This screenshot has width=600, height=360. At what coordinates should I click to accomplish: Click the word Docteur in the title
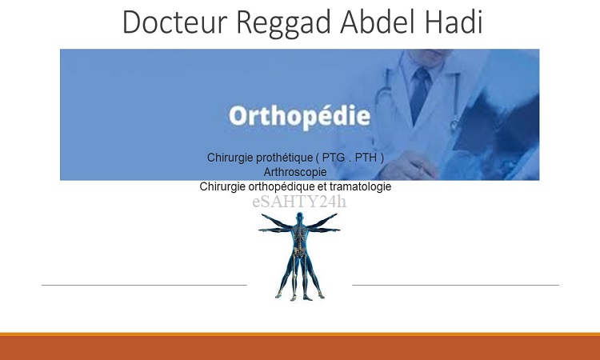175,22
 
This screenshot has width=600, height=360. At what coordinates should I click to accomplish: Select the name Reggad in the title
283,24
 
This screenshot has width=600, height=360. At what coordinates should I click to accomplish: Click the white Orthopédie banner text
300,116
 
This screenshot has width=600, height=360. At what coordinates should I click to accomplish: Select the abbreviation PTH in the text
366,158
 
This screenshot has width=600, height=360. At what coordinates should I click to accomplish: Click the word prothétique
284,158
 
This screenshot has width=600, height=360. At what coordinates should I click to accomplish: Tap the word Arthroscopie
295,172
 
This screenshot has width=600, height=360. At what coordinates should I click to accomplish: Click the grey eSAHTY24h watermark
299,202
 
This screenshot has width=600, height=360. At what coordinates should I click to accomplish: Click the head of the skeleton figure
300,217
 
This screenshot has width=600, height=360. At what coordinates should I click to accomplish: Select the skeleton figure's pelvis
300,251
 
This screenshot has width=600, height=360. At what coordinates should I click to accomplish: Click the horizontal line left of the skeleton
144,285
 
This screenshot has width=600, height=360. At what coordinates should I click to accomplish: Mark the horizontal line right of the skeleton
456,285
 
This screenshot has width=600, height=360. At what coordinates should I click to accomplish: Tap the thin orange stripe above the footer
300,334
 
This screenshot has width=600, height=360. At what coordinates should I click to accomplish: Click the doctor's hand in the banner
406,166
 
